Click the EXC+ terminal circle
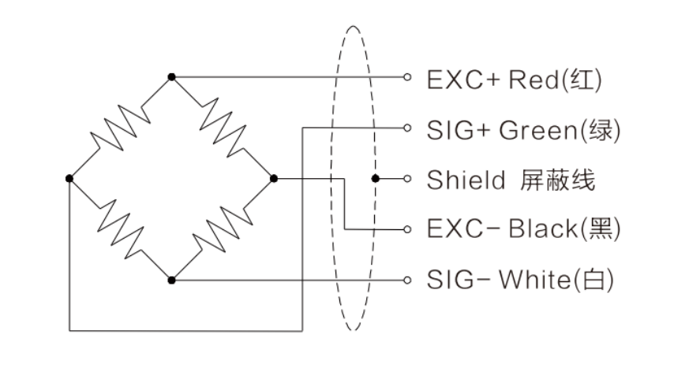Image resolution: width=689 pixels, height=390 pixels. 407,77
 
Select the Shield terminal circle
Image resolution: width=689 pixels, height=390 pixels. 407,179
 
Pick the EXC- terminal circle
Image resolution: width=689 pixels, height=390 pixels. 407,229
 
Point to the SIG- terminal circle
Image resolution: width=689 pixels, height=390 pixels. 407,280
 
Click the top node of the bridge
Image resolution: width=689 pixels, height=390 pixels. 171,77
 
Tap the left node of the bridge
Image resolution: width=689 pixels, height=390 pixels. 69,179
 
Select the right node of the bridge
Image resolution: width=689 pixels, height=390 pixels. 273,179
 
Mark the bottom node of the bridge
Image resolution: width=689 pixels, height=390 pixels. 171,280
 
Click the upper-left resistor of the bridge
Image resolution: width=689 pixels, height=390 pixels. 120,128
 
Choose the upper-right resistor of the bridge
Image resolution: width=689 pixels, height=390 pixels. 223,128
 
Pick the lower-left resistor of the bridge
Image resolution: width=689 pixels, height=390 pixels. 120,229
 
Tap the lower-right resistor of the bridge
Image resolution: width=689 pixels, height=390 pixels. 223,229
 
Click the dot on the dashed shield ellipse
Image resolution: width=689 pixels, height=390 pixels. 376,179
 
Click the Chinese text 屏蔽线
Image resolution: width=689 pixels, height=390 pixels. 556,180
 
